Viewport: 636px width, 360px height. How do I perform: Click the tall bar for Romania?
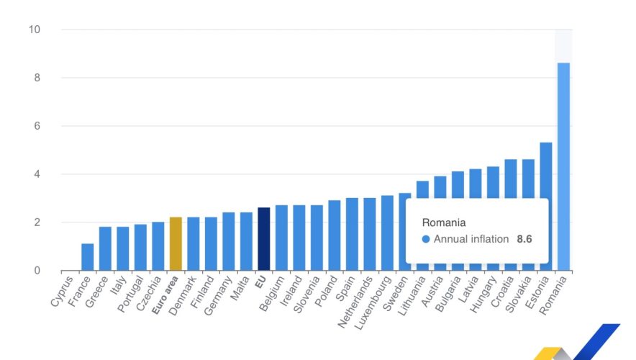[x=563, y=166]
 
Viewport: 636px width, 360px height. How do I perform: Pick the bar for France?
[x=88, y=257]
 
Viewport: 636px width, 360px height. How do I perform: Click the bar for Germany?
[x=229, y=241]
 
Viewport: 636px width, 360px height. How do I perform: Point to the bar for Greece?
[x=105, y=248]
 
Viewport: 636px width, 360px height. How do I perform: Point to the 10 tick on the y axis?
[x=34, y=30]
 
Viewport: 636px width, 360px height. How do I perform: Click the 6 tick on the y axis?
[x=36, y=126]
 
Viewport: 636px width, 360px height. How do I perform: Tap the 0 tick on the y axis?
[x=36, y=271]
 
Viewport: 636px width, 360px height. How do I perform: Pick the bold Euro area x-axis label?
[x=166, y=294]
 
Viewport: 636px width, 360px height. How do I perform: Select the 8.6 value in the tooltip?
[x=524, y=239]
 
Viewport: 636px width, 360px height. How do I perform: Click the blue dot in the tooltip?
[x=426, y=239]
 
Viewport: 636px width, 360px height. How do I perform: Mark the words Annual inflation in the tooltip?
[x=471, y=239]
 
